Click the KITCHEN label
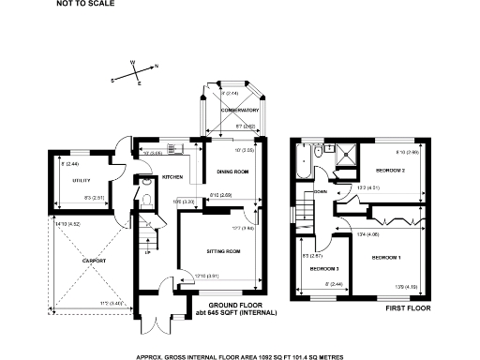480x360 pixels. pyautogui.click(x=172, y=176)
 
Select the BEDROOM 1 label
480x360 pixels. pyautogui.click(x=386, y=257)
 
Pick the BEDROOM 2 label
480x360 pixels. pyautogui.click(x=390, y=172)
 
